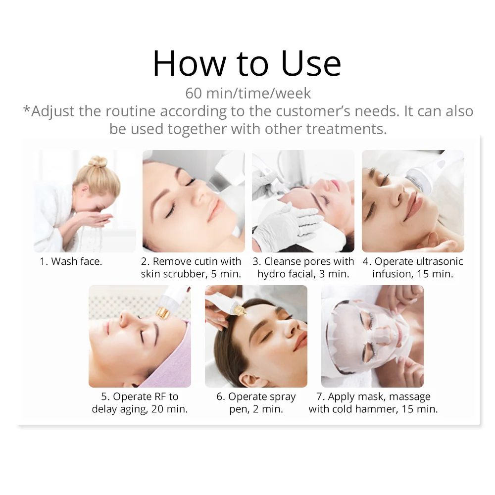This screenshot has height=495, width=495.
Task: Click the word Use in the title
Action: [311, 63]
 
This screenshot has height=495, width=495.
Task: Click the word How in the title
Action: [189, 63]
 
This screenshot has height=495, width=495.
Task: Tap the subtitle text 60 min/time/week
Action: [248, 94]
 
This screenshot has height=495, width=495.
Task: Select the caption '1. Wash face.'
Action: [71, 261]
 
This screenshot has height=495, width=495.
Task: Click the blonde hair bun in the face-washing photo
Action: [98, 162]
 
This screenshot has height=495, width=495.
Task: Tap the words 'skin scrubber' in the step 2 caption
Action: [174, 274]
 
